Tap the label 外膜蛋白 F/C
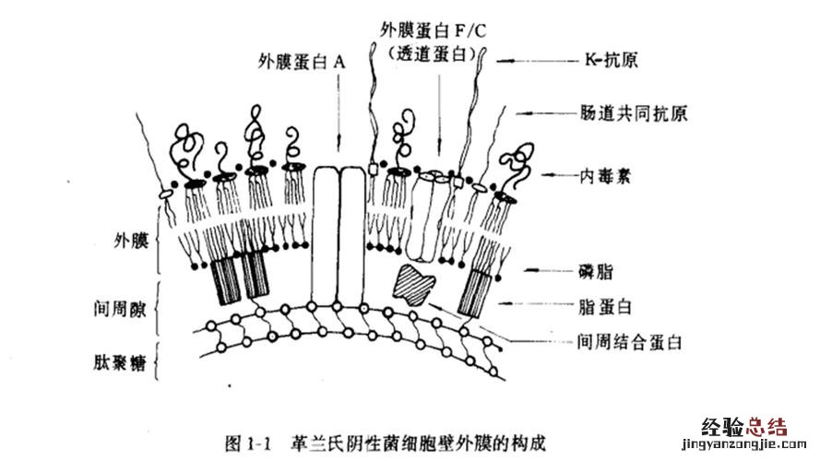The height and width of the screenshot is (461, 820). point(433,28)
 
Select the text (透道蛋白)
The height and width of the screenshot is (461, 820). point(432,53)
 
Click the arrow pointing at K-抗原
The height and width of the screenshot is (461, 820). point(535,62)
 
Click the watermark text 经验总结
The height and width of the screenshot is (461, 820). point(744,427)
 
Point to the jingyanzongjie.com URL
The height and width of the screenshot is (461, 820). point(744,445)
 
